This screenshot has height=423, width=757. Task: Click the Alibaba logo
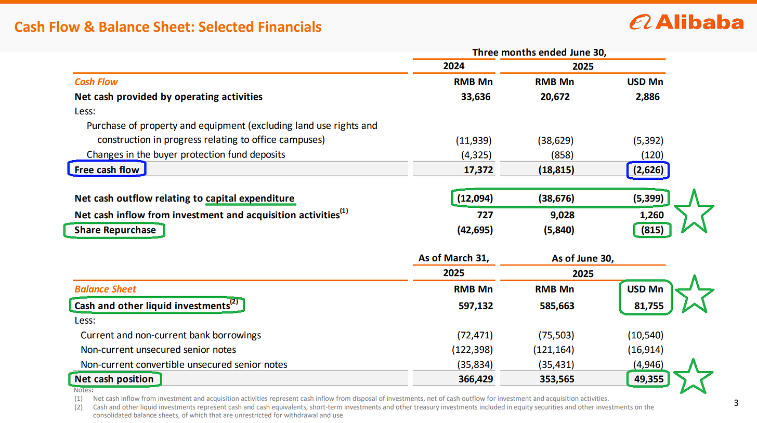coord(686,22)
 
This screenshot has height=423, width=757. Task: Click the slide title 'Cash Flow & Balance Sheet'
coord(167,26)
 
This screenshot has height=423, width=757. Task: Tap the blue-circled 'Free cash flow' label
coord(107,169)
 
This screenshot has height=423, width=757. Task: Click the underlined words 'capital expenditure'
coord(250,199)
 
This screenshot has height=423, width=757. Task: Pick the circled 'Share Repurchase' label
coord(114,230)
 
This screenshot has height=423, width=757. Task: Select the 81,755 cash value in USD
coord(647,306)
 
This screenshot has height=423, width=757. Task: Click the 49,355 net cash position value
coord(647,379)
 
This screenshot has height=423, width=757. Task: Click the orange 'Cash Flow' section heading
coord(96,82)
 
